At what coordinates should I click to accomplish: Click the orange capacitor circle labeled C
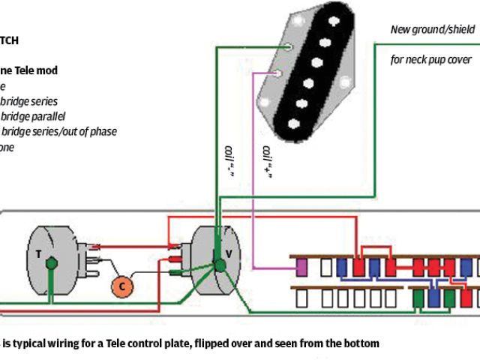[x=121, y=285]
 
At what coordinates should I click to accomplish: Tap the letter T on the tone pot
[x=39, y=253]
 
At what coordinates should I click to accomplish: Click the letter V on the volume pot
[x=229, y=253]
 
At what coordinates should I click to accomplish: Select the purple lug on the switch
[x=302, y=266]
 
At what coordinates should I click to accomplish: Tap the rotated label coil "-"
[x=224, y=160]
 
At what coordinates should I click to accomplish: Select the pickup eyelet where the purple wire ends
[x=278, y=73]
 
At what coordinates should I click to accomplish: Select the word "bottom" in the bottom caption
[x=361, y=343]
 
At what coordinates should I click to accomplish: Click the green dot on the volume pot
[x=220, y=264]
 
